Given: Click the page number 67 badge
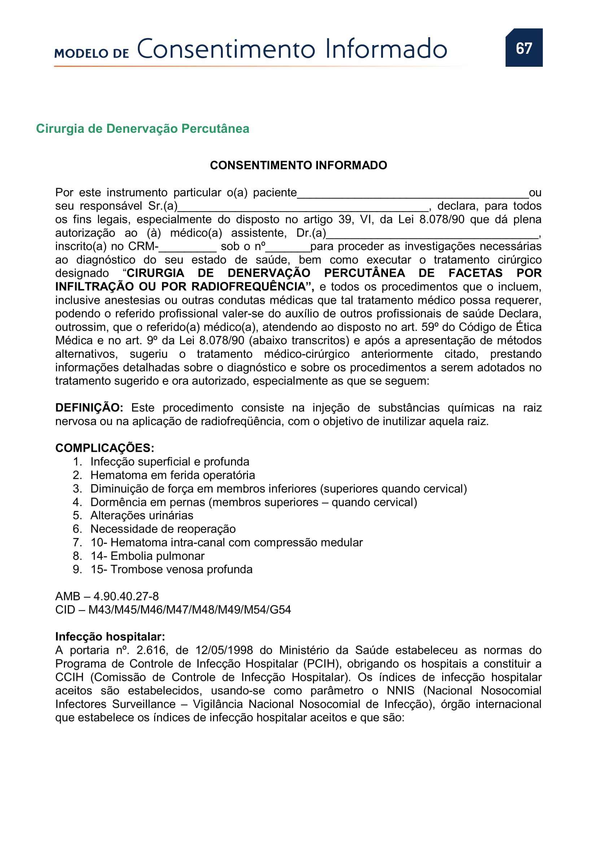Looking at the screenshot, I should tap(523, 48).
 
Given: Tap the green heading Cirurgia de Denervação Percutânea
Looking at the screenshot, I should tap(143, 129).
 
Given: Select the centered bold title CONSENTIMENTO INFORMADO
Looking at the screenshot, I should tap(298, 165).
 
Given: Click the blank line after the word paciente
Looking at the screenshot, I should tap(413, 194).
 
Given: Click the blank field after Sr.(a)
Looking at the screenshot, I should tap(303, 207).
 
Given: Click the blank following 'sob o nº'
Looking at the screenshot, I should tap(288, 248).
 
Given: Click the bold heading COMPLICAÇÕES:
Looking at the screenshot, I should tap(105, 448).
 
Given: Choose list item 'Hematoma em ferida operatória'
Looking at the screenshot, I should tap(173, 475).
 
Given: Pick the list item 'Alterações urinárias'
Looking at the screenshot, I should tap(141, 515).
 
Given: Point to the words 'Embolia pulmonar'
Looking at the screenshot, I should tap(157, 556).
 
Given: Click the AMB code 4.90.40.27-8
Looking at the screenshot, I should tap(126, 596).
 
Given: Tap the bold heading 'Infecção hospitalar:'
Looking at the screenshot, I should tap(110, 637).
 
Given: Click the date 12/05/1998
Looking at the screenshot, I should tap(224, 650).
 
